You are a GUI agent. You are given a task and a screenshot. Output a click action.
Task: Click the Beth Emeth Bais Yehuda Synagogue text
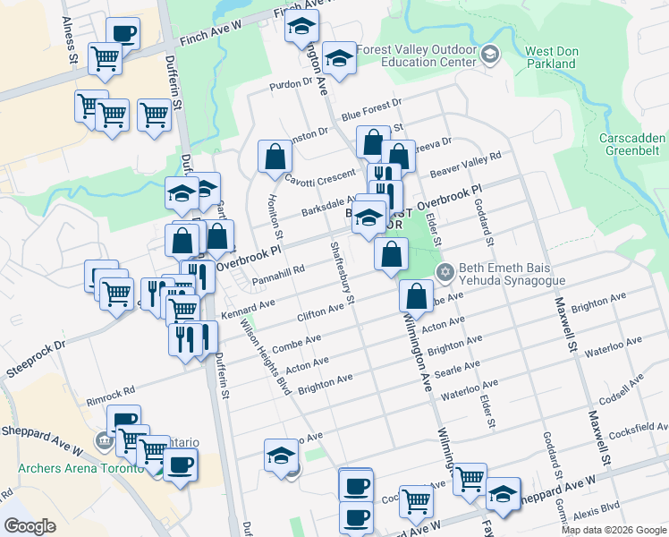512,274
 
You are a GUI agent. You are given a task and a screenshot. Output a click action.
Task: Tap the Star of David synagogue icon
443,270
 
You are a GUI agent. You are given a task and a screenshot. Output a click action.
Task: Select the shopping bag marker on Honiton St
275,157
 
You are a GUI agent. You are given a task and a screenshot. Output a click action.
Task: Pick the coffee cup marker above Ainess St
123,34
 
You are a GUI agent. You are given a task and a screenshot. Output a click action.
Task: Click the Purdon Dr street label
292,83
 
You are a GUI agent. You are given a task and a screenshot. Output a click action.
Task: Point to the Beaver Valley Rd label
465,163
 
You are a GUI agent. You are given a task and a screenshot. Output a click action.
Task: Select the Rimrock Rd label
111,391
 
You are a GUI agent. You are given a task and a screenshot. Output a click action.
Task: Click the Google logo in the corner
30,526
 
